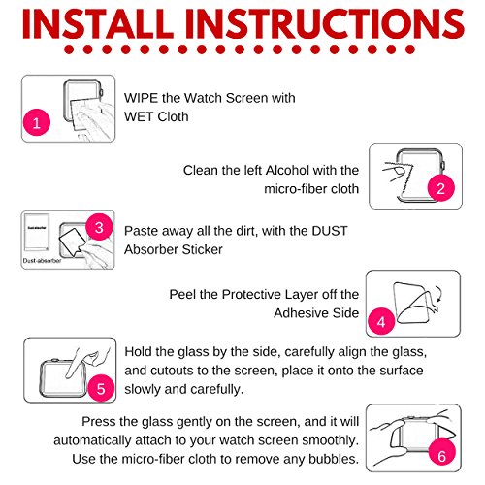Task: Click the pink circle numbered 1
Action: [37, 122]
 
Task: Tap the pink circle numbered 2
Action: [441, 188]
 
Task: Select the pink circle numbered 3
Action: [99, 227]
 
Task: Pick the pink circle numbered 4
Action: [381, 321]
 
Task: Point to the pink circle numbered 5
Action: [101, 388]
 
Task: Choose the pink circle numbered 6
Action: [442, 456]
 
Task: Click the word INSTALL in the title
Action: [98, 24]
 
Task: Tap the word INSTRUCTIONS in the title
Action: [325, 24]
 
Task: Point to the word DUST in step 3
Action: [330, 231]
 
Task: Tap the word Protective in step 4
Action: [256, 294]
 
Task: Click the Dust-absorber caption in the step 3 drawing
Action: [42, 261]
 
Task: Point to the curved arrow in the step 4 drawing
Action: [438, 294]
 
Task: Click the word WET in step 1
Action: [139, 116]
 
